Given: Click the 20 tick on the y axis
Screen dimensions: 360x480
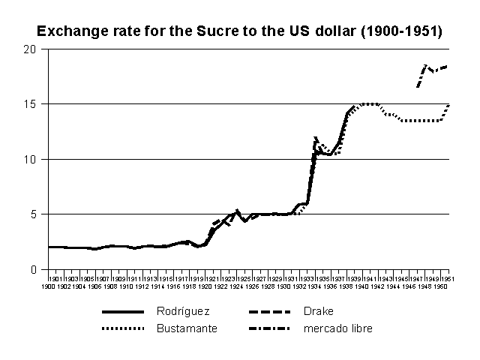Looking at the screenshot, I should tap(31, 49).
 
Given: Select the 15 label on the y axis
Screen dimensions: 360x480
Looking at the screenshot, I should tap(31, 104).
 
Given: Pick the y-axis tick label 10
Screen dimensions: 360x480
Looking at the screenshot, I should tap(31, 159).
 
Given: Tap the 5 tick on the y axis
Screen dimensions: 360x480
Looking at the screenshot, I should tap(34, 214).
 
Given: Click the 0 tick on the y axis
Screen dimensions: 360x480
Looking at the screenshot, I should tap(34, 269).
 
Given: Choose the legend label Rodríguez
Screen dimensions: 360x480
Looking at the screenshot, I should tap(183, 310).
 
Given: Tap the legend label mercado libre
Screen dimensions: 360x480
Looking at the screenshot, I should tap(338, 328).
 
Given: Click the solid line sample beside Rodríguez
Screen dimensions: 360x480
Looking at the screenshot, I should tap(124, 310).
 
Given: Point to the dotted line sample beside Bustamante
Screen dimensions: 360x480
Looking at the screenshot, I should tap(124, 328).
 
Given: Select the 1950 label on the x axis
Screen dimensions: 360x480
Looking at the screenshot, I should tap(440, 286).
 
